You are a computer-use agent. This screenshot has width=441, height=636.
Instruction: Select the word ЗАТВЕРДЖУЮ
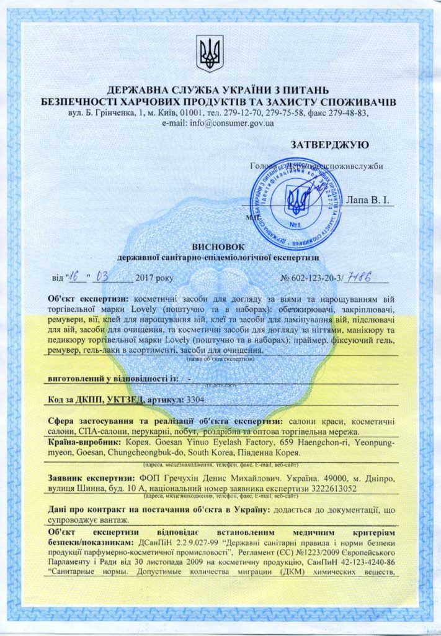coord(329,145)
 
